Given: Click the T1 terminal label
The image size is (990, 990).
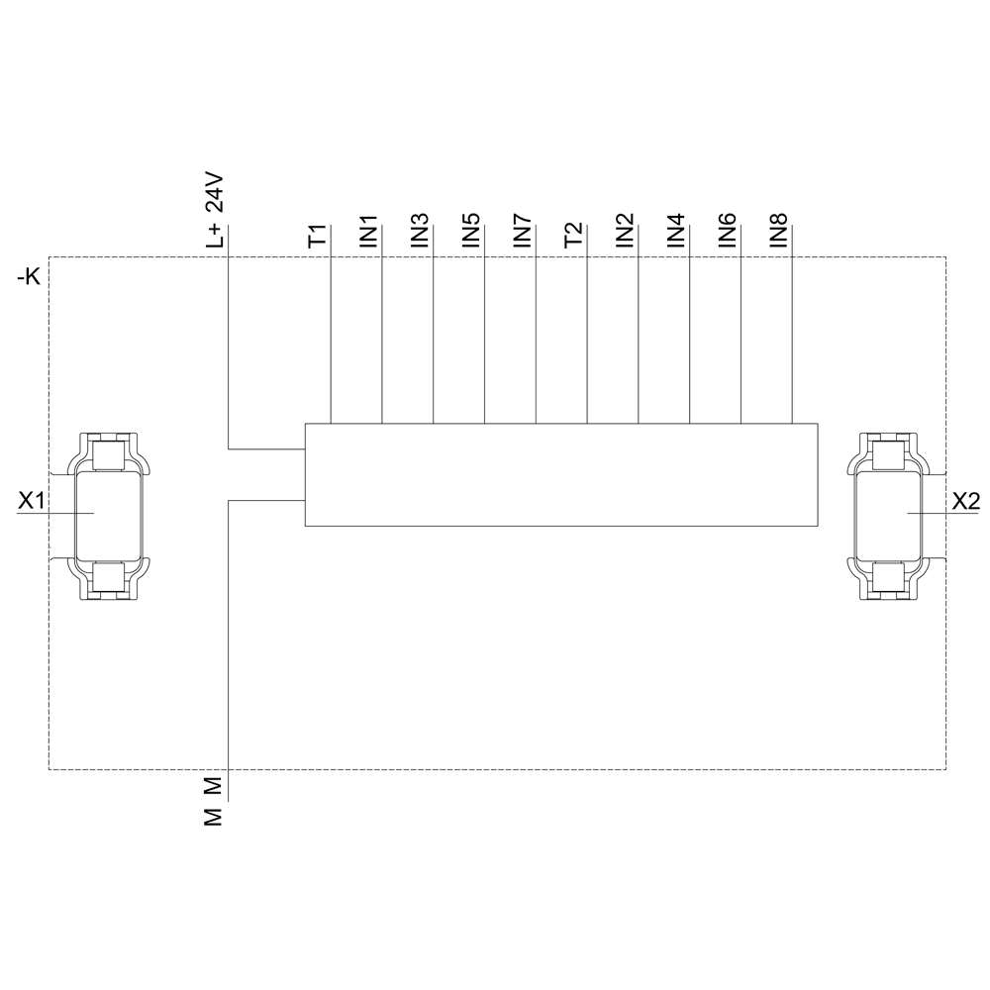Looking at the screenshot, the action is (x=319, y=236).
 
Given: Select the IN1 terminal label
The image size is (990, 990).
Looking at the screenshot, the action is (x=368, y=231).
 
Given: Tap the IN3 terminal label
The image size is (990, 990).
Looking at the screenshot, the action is (x=420, y=231).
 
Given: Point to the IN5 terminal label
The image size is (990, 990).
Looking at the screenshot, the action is (x=471, y=231).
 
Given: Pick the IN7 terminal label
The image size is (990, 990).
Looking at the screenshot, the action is (x=523, y=231).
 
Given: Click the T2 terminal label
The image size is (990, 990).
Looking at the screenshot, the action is (x=574, y=236).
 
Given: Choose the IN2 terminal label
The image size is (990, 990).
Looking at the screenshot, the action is (x=625, y=231).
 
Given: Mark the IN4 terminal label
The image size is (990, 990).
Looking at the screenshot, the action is (x=676, y=231).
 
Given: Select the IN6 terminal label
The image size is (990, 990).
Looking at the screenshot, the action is (x=728, y=231).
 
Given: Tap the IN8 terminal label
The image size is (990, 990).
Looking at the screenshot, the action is (x=779, y=231).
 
